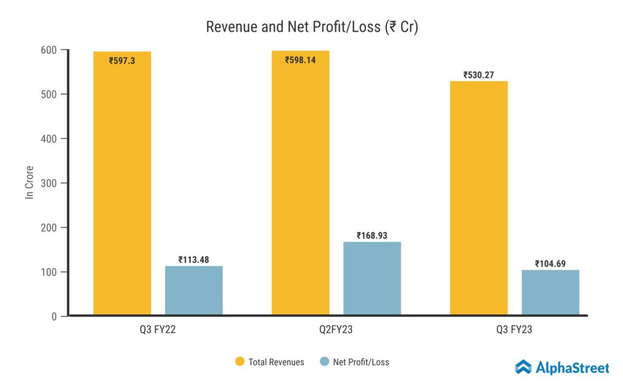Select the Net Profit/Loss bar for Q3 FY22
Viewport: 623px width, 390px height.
(x=193, y=291)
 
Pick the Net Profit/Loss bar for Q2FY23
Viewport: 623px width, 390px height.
(x=372, y=278)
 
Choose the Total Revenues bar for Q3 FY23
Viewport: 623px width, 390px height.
(x=479, y=198)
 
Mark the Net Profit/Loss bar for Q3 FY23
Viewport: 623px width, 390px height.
(x=550, y=292)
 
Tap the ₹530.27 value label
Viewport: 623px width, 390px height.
(x=479, y=75)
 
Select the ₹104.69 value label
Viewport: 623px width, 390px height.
(x=550, y=263)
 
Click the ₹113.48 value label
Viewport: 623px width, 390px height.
(x=193, y=260)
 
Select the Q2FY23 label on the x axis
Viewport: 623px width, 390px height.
(x=336, y=330)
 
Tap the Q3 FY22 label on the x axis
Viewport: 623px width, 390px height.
(x=157, y=330)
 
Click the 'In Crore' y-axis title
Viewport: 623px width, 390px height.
(x=29, y=182)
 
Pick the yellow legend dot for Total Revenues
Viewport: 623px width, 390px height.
(x=239, y=362)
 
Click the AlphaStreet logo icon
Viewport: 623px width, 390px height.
(x=523, y=367)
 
